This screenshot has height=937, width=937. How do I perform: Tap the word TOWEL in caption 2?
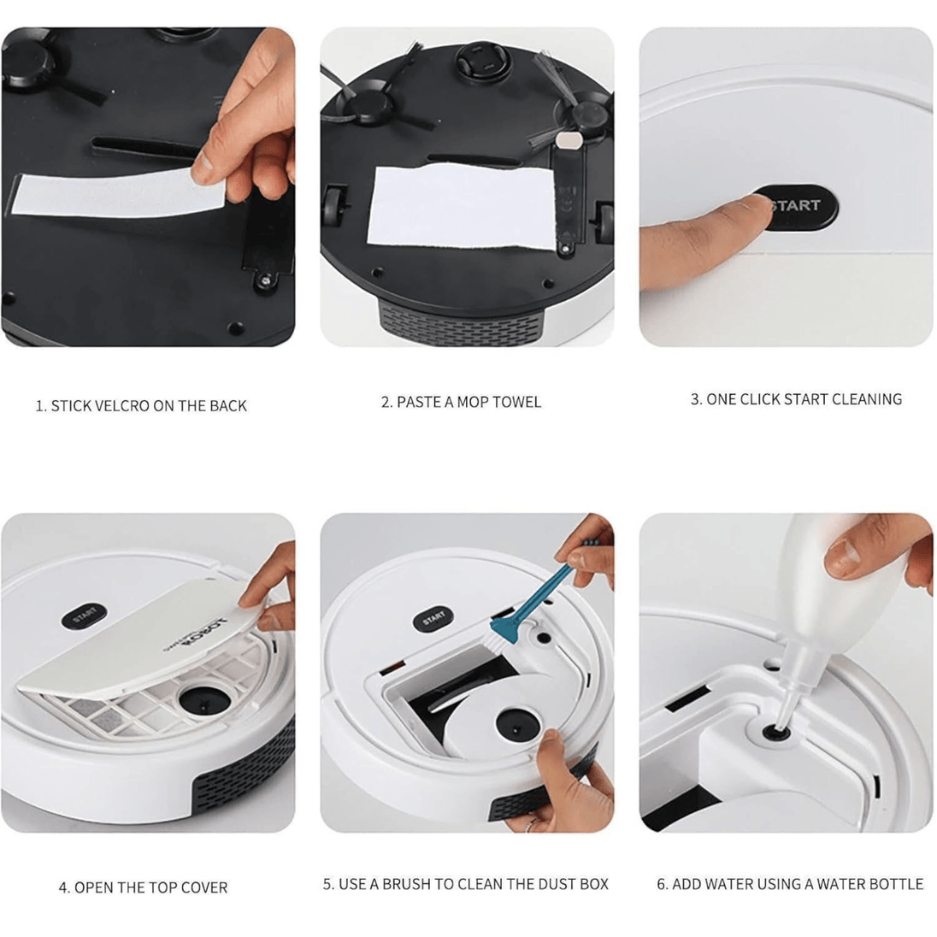[x=517, y=402]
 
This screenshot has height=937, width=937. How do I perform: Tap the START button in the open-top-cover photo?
[x=85, y=616]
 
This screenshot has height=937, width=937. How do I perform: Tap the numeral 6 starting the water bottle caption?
[x=661, y=884]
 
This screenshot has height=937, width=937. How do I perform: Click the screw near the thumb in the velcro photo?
[x=265, y=279]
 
